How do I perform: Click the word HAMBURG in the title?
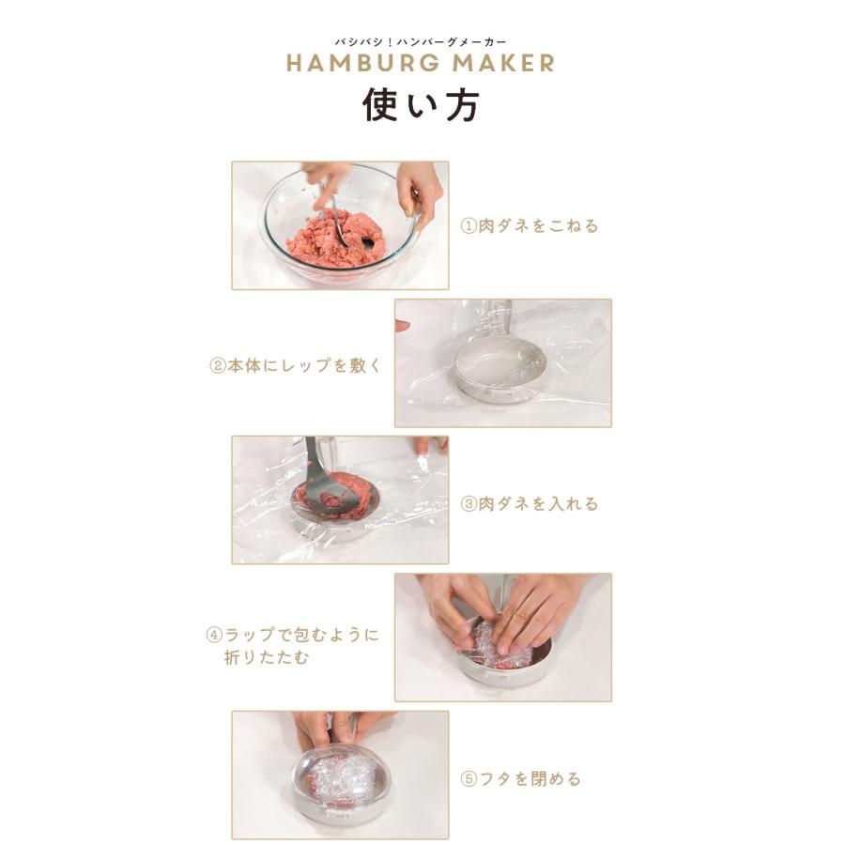[x=362, y=63]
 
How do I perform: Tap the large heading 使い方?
[x=421, y=104]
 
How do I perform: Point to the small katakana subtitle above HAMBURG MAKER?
[x=421, y=41]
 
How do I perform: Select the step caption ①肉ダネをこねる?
[x=530, y=225]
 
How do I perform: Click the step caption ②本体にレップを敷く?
[x=296, y=366]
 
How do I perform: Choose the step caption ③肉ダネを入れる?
[x=530, y=504]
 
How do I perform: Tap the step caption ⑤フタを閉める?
[x=520, y=778]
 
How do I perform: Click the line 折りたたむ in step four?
[x=267, y=657]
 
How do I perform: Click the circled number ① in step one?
[x=469, y=225]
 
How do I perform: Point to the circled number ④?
[x=214, y=635]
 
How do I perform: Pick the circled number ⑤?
[x=469, y=778]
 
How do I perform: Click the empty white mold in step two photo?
[x=500, y=369]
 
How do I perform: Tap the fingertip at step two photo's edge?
[x=402, y=326]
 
